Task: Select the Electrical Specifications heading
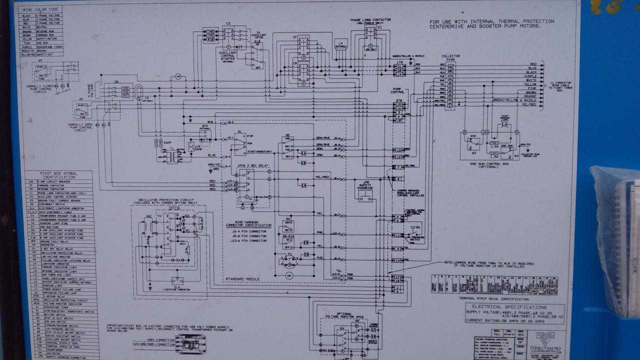pos(514,307)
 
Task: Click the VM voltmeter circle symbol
pos(177,76)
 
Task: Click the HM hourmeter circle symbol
pos(289,275)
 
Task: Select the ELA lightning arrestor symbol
pos(177,280)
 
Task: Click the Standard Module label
pos(242,278)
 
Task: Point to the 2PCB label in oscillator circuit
pos(174,207)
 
